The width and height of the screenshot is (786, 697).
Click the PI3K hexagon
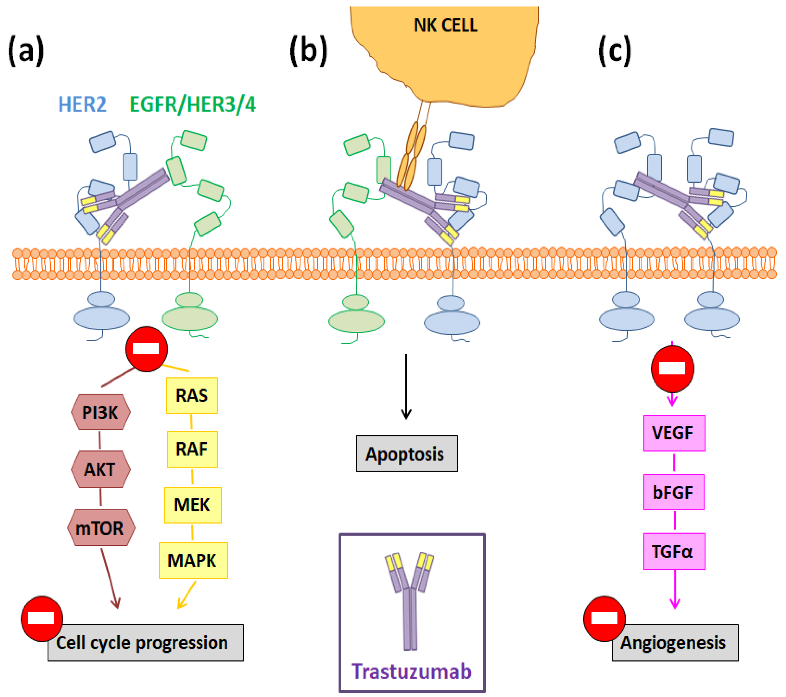tap(101, 412)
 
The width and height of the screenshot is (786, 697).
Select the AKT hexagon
tap(101, 469)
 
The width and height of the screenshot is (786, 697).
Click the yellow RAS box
tap(192, 396)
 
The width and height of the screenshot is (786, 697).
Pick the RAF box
tap(192, 449)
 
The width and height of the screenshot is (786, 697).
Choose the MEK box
tap(193, 505)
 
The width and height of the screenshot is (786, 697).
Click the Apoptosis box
tap(407, 454)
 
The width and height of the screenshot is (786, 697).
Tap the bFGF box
tap(674, 492)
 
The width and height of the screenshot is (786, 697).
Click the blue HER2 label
tap(82, 104)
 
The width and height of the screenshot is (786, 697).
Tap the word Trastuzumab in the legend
tap(411, 671)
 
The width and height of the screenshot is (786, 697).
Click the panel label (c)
tap(614, 50)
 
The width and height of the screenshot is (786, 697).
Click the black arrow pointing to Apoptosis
tap(406, 386)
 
